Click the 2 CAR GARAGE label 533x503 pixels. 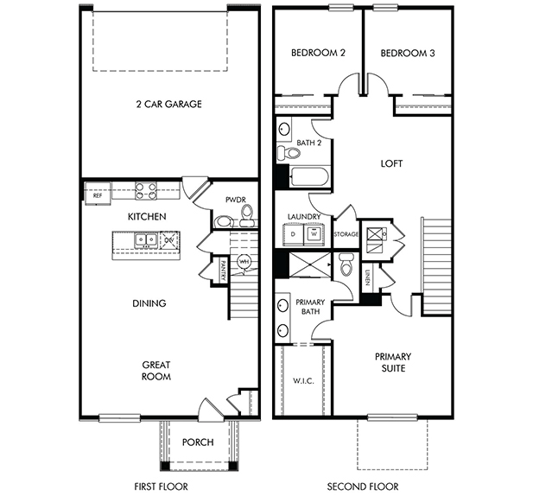(169, 104)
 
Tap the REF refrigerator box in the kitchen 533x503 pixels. (98, 194)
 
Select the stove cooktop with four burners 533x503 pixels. (146, 191)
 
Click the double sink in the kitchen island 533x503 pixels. (146, 241)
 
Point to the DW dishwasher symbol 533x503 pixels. (169, 240)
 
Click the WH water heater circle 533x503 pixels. (244, 262)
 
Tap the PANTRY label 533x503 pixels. (224, 271)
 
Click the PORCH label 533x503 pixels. (198, 443)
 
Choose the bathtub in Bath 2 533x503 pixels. (309, 176)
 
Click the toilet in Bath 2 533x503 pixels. (289, 152)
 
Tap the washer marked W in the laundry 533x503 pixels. (314, 234)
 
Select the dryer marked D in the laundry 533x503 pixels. (294, 234)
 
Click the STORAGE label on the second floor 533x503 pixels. (346, 234)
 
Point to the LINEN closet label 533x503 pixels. (367, 277)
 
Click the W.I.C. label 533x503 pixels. (303, 381)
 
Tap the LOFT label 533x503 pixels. (391, 163)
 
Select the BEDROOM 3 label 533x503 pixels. (408, 54)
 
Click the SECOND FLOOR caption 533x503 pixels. (363, 487)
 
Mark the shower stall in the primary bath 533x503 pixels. (309, 264)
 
